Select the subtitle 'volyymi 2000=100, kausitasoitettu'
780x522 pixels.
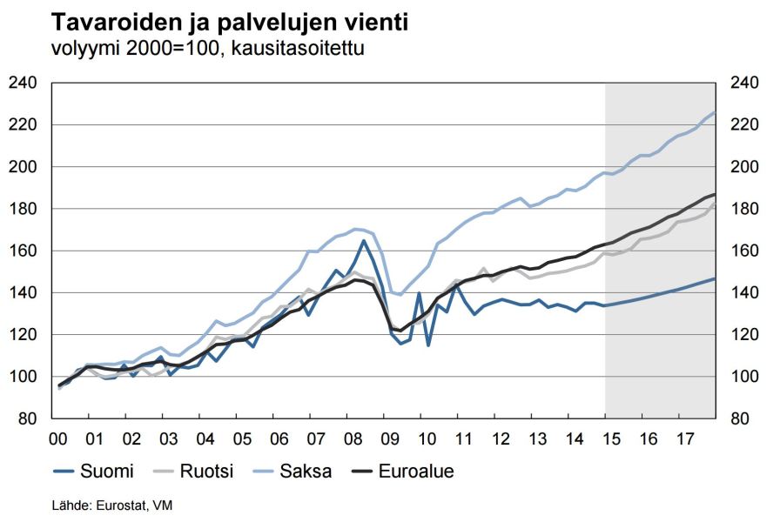[208, 48]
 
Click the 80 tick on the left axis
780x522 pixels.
[28, 418]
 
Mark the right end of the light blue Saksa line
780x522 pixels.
[715, 113]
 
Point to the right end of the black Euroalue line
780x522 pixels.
[715, 194]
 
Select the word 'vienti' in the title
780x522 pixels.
[375, 22]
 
